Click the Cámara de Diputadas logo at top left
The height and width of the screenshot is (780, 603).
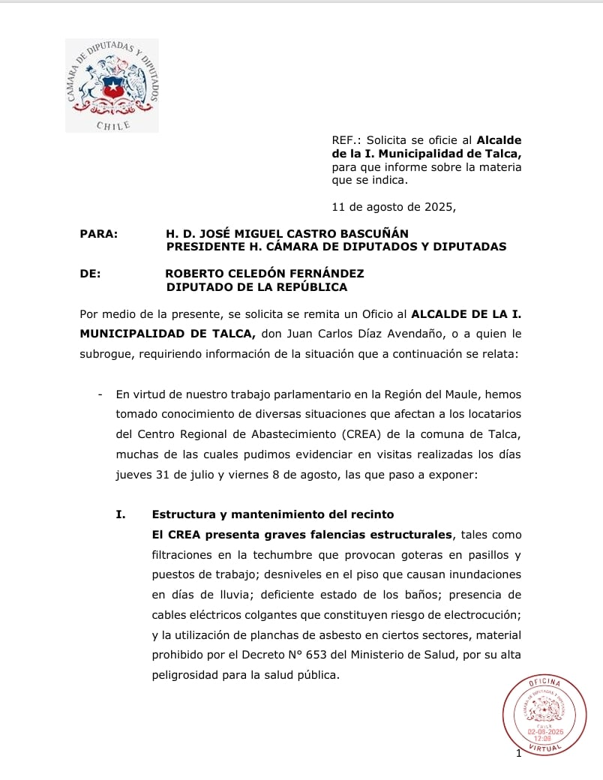pyautogui.click(x=112, y=85)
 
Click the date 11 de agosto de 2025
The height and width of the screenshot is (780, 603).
pyautogui.click(x=393, y=206)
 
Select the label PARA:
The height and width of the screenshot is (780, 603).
pyautogui.click(x=98, y=234)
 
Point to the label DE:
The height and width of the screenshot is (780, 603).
pyautogui.click(x=90, y=274)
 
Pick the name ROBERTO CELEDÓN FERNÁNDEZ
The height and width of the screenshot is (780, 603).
pyautogui.click(x=265, y=274)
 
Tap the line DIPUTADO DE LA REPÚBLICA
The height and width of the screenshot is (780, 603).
pyautogui.click(x=256, y=286)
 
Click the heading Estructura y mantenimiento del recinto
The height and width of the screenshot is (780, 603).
pyautogui.click(x=272, y=514)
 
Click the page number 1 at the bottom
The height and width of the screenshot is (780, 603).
pyautogui.click(x=518, y=753)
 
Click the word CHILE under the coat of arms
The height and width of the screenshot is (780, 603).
pyautogui.click(x=113, y=125)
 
